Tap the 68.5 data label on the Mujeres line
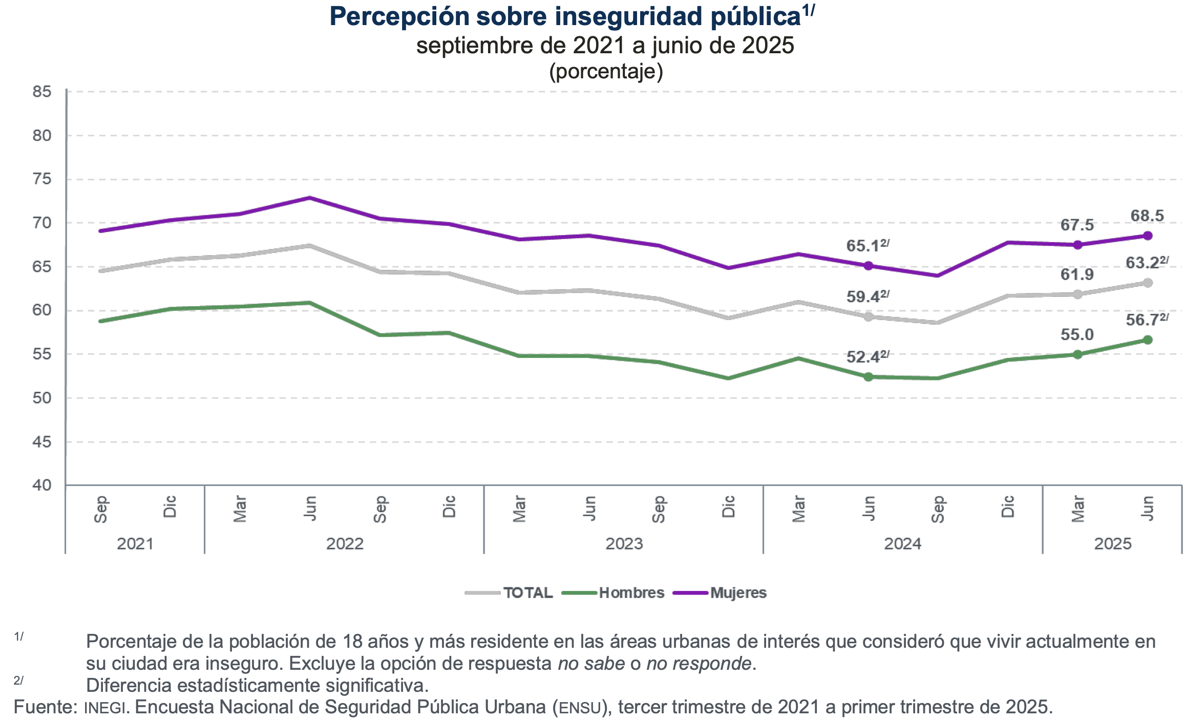[1147, 216]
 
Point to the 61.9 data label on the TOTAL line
[1077, 275]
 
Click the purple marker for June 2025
[1148, 236]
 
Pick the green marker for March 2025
[1077, 354]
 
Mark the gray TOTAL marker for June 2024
[868, 317]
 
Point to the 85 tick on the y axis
[42, 92]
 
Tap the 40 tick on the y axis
[42, 485]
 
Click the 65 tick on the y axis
[42, 267]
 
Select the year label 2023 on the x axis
[624, 544]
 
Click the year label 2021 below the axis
[135, 544]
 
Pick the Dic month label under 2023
[728, 507]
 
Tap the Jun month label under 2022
[310, 508]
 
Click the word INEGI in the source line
[105, 708]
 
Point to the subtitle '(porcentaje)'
[606, 72]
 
